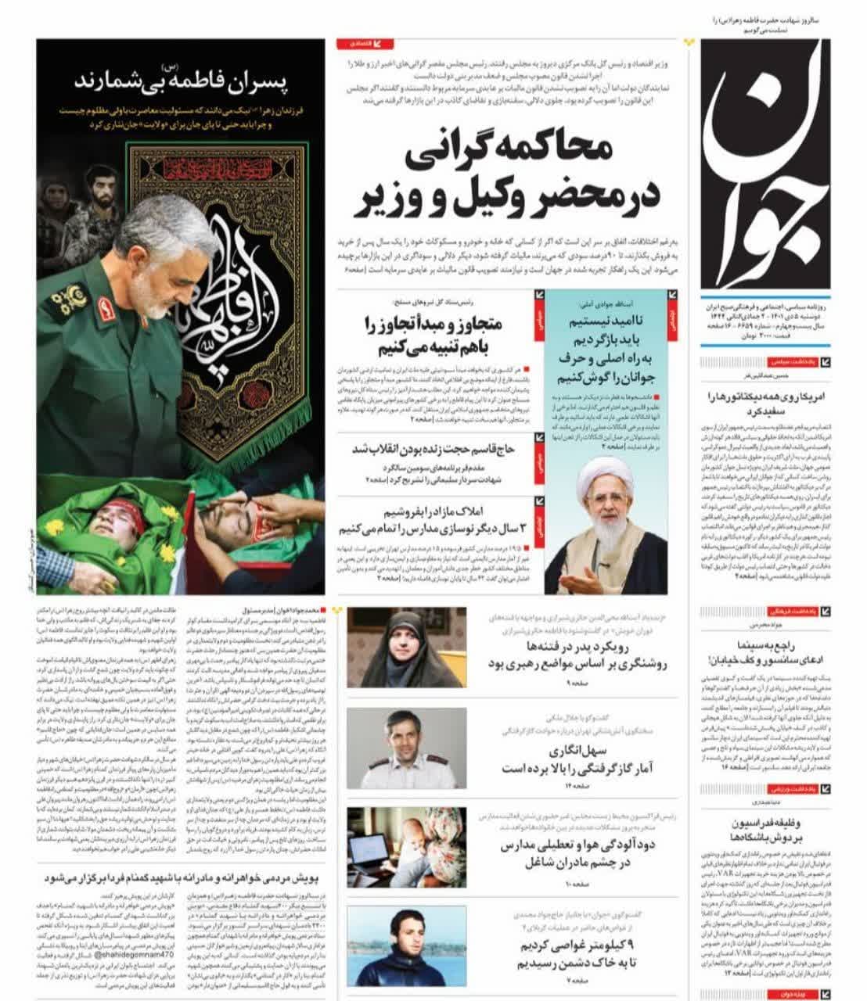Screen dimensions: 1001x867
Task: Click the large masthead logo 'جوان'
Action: tap(771, 164)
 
